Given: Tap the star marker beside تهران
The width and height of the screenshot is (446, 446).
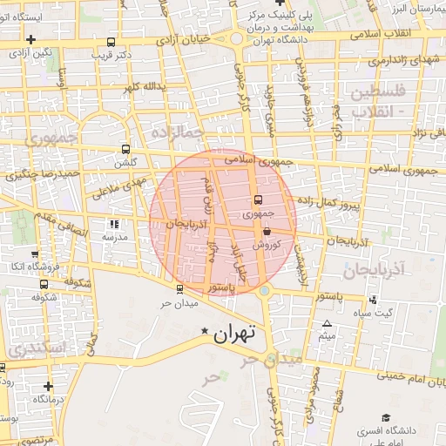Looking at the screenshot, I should pyautogui.click(x=205, y=331).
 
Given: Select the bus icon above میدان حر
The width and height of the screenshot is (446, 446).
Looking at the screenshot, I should pyautogui.click(x=179, y=290).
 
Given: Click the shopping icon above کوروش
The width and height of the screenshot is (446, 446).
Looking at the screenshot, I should pyautogui.click(x=266, y=232).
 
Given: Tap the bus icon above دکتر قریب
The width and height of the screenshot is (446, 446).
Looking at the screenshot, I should pyautogui.click(x=111, y=42).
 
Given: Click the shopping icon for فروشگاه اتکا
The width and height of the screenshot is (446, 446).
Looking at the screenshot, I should pyautogui.click(x=43, y=253).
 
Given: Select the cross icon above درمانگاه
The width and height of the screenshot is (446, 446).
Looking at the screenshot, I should pyautogui.click(x=48, y=386).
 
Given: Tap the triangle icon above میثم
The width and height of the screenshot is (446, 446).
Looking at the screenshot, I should pyautogui.click(x=327, y=324).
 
